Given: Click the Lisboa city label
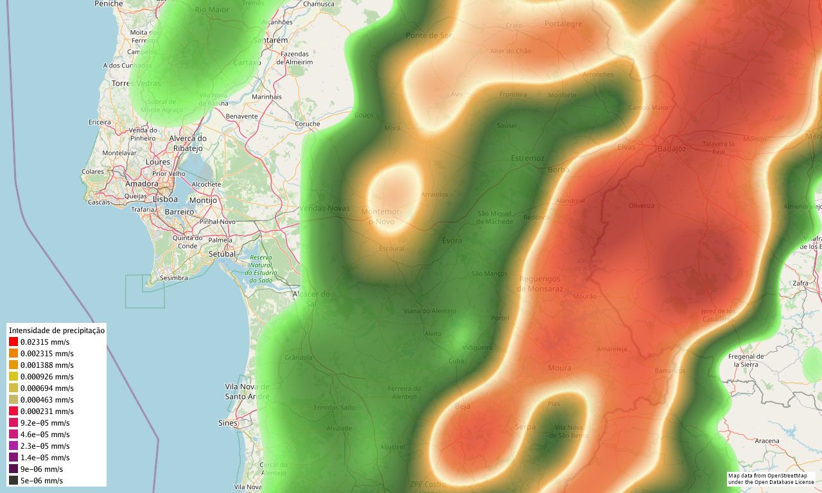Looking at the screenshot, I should coord(165,199).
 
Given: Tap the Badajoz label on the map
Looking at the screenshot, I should coord(672,149).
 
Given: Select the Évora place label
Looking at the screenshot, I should coord(452,241).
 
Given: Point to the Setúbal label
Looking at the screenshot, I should coord(223,254).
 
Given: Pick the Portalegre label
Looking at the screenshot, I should coord(563,24).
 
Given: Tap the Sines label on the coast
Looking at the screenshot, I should coord(227,423).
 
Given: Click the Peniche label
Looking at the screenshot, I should coord(109,4).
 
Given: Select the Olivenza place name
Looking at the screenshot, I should coord(642,205).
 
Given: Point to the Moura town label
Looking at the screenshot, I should coord(559,368).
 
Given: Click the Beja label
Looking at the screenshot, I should coord(462,406).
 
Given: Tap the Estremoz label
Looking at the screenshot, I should coord(527,158).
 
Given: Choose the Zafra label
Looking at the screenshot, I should coord(800,282).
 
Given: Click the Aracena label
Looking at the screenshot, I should coord(767,441).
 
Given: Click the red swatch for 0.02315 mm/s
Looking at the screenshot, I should coord(13,342).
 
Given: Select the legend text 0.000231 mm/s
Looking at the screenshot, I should coord(47,411).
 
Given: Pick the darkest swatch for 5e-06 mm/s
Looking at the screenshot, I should coord(13,480).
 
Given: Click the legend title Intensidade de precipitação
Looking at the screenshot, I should coord(57,330).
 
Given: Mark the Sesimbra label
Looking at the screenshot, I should coord(173,278).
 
